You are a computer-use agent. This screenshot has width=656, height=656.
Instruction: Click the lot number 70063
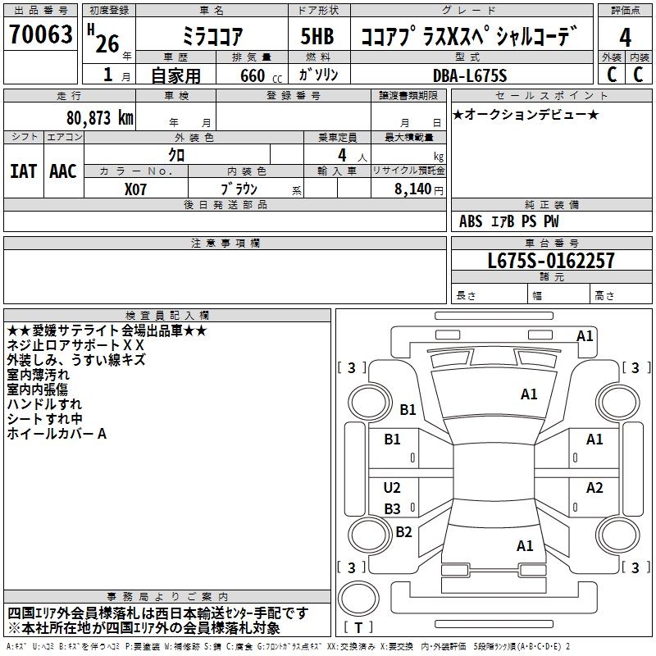pos(40,35)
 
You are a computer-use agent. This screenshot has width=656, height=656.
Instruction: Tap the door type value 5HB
pos(317,38)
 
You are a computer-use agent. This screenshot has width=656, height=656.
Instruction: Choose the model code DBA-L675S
pos(470,76)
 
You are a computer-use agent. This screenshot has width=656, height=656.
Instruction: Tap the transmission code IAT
pos(23,171)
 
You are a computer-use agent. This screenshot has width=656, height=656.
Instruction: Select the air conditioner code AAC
pos(63,171)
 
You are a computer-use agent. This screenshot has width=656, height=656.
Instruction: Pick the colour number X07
pos(137,189)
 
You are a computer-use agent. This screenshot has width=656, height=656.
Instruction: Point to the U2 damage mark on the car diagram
pos(392,488)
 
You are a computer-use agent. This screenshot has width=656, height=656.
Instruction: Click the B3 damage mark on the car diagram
pos(392,508)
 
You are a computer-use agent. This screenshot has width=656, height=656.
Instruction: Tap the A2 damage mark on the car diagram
pos(594,488)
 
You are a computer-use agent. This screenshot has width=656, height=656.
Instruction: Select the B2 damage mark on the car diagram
pos(403,531)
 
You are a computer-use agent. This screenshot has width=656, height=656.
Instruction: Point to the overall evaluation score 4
pos(625,38)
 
